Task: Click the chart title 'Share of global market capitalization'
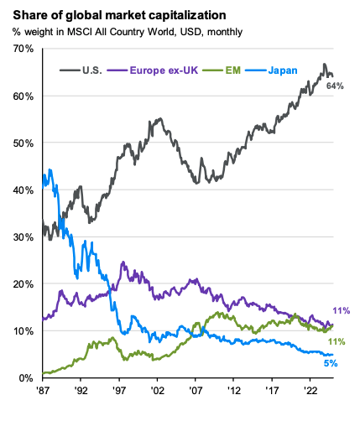coord(125,14)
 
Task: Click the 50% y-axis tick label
coord(21,143)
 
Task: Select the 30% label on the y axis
coord(21,237)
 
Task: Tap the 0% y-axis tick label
coord(24,378)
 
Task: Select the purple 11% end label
coord(342,310)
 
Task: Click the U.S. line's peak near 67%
coord(324,64)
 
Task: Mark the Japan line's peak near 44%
coord(50,170)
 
